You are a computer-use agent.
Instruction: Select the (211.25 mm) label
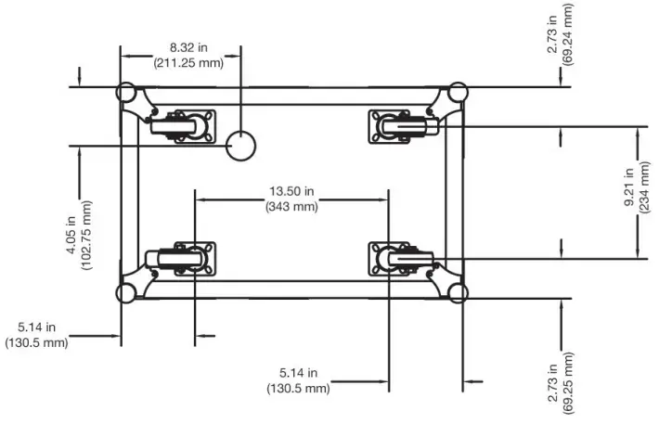point(188,62)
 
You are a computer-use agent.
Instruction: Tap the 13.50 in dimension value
point(291,191)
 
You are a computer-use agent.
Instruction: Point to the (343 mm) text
point(291,206)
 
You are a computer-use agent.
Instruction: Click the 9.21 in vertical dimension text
point(628,190)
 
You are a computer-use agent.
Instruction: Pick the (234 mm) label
point(644,190)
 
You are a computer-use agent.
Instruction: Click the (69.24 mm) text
point(568,32)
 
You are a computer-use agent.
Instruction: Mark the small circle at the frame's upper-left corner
point(124,94)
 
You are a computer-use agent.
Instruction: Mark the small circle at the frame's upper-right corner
point(458,94)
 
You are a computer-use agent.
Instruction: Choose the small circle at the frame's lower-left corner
point(124,293)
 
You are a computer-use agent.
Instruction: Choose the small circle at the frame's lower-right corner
point(458,293)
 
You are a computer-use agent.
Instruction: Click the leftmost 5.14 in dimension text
point(37,328)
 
